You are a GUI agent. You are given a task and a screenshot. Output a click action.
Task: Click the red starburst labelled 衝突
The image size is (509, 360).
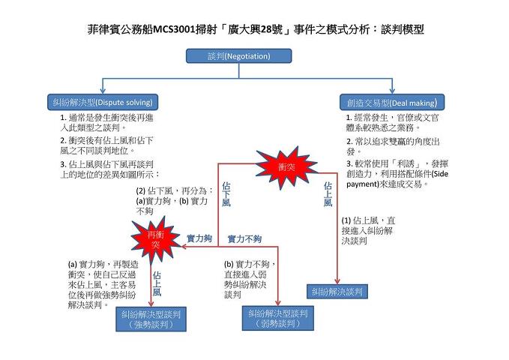click(x=287, y=166)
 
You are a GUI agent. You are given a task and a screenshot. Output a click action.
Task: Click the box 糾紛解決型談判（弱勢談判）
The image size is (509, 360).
click(x=278, y=318)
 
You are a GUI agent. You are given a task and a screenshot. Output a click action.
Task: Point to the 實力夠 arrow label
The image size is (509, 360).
click(x=199, y=238)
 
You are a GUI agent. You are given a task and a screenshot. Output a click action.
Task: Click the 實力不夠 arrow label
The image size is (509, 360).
click(x=244, y=238)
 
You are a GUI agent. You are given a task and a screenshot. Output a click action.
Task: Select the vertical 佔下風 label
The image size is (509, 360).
click(x=226, y=193)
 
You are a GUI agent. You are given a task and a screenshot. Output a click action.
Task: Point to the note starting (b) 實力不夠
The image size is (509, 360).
click(x=251, y=280)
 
